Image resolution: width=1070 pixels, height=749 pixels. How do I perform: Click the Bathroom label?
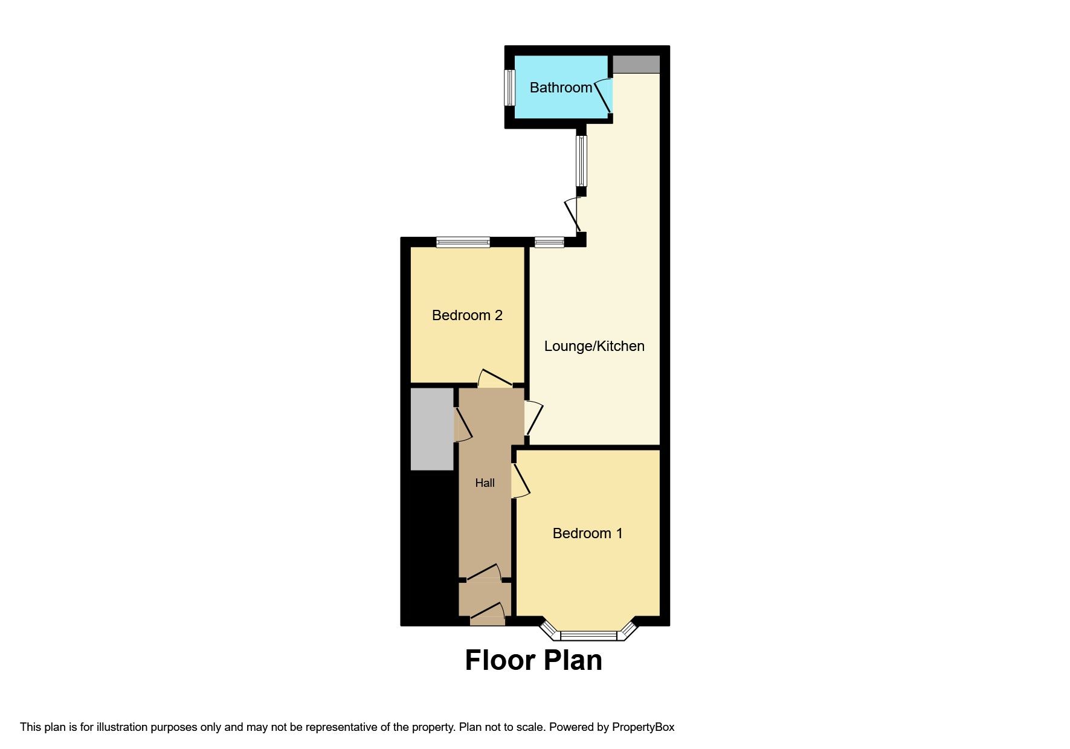pos(561,88)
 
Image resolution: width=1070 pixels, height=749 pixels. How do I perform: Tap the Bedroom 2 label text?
pos(467,315)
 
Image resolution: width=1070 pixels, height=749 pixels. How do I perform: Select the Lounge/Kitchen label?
pos(594,346)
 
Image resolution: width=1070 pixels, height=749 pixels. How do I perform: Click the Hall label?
pos(485,483)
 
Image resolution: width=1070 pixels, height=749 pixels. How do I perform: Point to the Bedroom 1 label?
pos(587,533)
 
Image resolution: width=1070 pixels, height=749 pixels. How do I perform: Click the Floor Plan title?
pos(533,660)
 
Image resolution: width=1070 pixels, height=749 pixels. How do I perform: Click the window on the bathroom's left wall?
pos(509,88)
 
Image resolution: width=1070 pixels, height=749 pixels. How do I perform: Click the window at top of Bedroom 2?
pos(463,242)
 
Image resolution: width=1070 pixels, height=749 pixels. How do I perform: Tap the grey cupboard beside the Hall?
pos(432,429)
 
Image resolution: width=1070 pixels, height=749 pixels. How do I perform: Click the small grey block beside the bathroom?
pos(636,64)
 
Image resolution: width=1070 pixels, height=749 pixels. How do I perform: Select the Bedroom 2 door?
pos(495,379)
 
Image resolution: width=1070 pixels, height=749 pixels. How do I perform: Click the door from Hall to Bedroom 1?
pos(520,481)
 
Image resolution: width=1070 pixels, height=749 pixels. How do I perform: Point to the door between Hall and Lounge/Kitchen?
pos(533,417)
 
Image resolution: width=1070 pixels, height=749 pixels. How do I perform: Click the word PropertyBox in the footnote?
pos(643,727)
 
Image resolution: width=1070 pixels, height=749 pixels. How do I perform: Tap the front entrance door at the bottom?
pos(487,614)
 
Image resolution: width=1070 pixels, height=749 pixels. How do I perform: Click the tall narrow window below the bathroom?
pos(581,161)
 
